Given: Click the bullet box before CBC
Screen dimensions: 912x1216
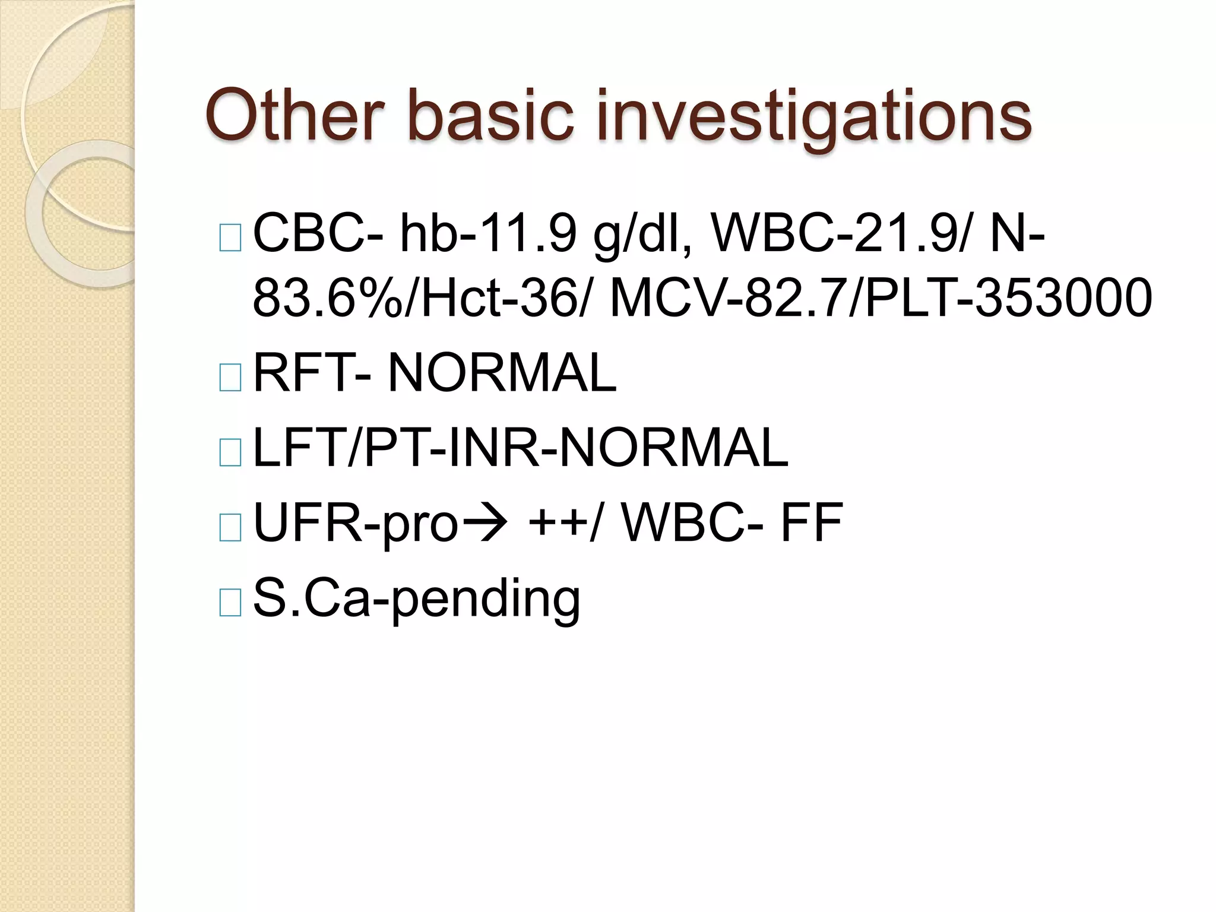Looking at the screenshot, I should (x=230, y=237).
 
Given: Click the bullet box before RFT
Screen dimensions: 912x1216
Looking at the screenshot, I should (x=230, y=378).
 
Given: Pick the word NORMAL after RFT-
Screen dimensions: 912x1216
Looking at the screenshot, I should (x=502, y=373).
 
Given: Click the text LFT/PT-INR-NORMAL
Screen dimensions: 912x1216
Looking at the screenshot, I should (x=520, y=448).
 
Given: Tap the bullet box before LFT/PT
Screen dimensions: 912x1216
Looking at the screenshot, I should (x=230, y=452).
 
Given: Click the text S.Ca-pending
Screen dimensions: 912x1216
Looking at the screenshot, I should (x=416, y=598).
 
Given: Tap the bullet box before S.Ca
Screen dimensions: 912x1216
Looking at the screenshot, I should (x=230, y=602).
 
